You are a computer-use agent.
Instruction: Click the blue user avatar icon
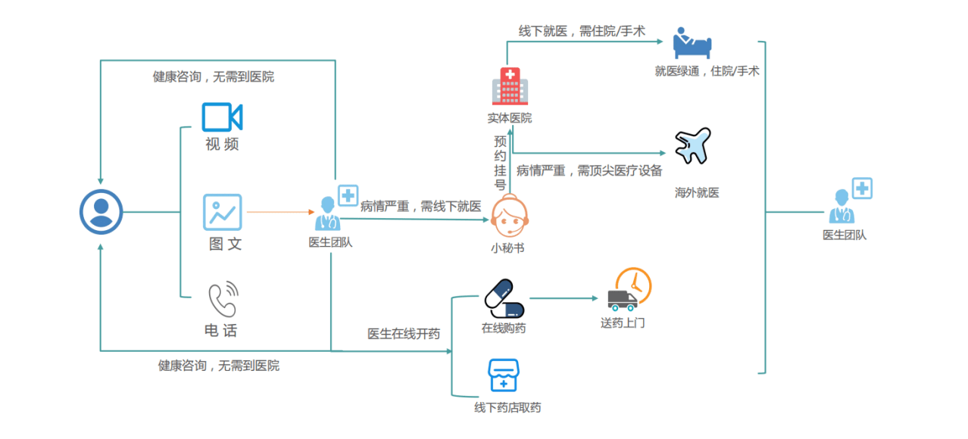tap(101, 212)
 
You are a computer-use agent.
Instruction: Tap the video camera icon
tap(222, 117)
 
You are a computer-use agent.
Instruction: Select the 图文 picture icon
tap(222, 213)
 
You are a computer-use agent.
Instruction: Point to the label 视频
tap(222, 144)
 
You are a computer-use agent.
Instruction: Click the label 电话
tap(221, 331)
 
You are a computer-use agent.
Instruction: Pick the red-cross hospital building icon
tap(510, 86)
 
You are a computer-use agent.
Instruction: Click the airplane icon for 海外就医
tap(693, 146)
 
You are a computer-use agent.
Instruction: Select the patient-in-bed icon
tap(693, 43)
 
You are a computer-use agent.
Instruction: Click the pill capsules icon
tap(504, 299)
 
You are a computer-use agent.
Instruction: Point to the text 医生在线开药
tap(404, 334)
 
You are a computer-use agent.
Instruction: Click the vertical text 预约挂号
tap(500, 163)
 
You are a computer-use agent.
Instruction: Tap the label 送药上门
tap(623, 323)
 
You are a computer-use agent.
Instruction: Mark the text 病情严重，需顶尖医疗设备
tap(589, 171)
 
